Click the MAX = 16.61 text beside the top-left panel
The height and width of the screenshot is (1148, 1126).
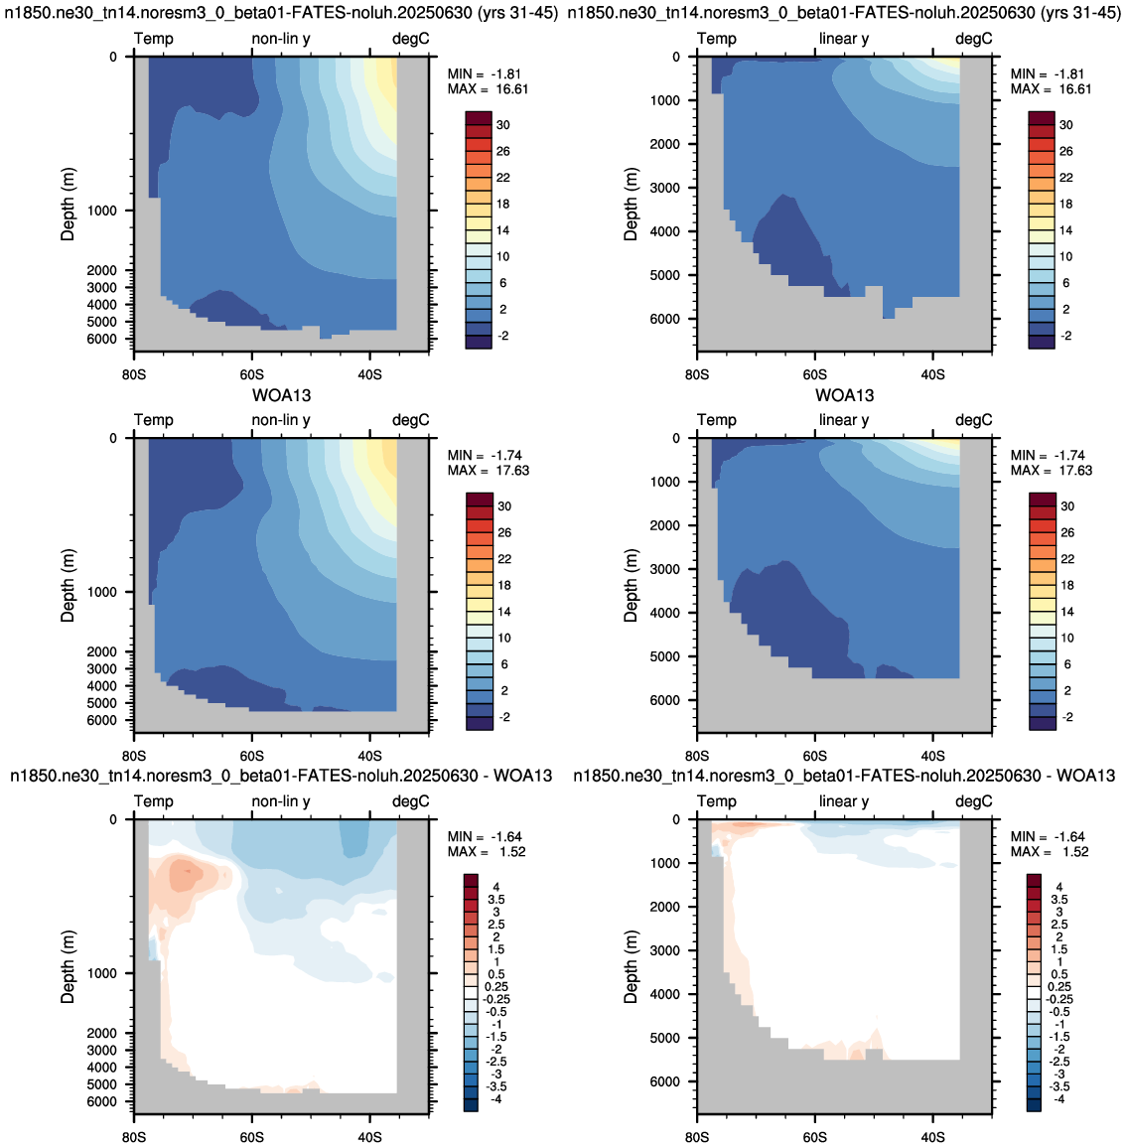(x=488, y=89)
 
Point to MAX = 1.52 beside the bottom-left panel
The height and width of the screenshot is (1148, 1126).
(x=487, y=852)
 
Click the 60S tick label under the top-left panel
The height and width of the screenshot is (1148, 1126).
(x=252, y=374)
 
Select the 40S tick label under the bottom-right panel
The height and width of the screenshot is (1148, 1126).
(x=932, y=1138)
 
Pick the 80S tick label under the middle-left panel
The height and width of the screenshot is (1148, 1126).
(x=134, y=757)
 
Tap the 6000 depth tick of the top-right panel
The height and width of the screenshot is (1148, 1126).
(x=664, y=319)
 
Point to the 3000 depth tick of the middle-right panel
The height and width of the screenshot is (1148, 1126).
(x=664, y=569)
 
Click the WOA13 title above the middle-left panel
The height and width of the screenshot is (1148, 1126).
(x=282, y=396)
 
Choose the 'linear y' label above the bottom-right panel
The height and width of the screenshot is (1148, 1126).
(x=844, y=801)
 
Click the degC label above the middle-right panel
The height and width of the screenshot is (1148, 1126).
(x=974, y=420)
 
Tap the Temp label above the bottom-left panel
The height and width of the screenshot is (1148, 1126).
(x=154, y=801)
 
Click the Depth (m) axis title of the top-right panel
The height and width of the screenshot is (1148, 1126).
(x=632, y=204)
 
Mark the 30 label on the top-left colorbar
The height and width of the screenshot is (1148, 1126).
(x=503, y=125)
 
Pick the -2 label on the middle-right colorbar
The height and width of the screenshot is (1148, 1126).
(x=1067, y=717)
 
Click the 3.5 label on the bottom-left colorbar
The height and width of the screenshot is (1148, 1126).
(x=496, y=900)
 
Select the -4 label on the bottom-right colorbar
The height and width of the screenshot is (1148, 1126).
(x=1058, y=1099)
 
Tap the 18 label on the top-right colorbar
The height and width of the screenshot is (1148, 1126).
(x=1066, y=205)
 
